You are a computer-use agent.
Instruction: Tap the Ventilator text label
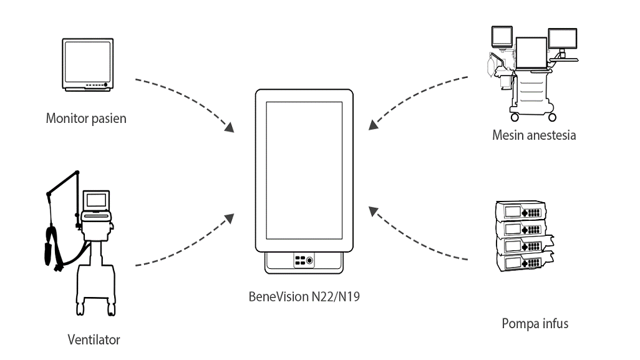(94, 340)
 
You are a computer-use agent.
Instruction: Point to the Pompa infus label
(535, 324)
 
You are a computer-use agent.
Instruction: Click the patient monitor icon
(89, 66)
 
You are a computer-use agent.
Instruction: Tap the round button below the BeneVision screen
(310, 261)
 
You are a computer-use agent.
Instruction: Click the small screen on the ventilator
(96, 200)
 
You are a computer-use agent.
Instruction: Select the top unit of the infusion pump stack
(521, 212)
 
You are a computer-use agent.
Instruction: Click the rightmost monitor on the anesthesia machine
(562, 40)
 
